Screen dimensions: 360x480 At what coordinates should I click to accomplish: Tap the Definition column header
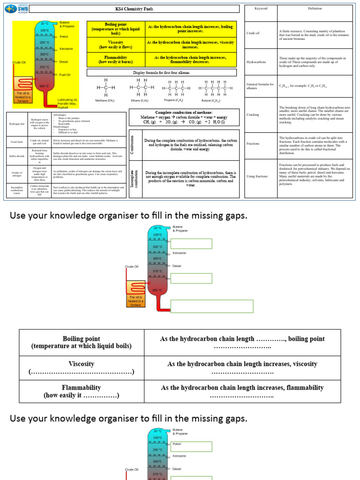315,9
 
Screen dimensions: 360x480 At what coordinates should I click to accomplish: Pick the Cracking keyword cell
253,114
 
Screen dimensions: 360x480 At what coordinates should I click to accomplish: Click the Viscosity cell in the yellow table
115,45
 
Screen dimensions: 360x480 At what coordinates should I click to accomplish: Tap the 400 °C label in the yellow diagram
44,86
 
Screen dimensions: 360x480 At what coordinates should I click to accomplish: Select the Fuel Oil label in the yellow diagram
65,75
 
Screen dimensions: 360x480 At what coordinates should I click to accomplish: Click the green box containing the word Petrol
191,446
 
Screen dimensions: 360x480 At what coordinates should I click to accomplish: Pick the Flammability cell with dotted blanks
82,391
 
